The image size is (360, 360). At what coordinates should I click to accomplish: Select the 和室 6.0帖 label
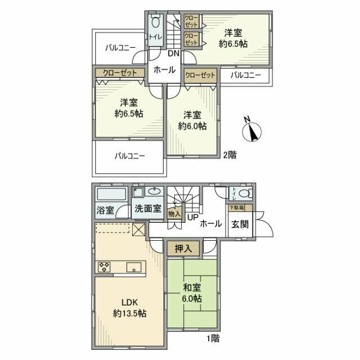[192, 294]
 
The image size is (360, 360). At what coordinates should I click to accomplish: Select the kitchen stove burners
[105, 267]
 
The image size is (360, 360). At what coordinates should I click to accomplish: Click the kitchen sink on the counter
[133, 267]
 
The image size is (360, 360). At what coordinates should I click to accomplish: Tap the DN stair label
[173, 53]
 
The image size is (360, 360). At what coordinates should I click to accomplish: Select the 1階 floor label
[212, 339]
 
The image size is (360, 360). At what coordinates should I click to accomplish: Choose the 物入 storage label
[174, 213]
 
